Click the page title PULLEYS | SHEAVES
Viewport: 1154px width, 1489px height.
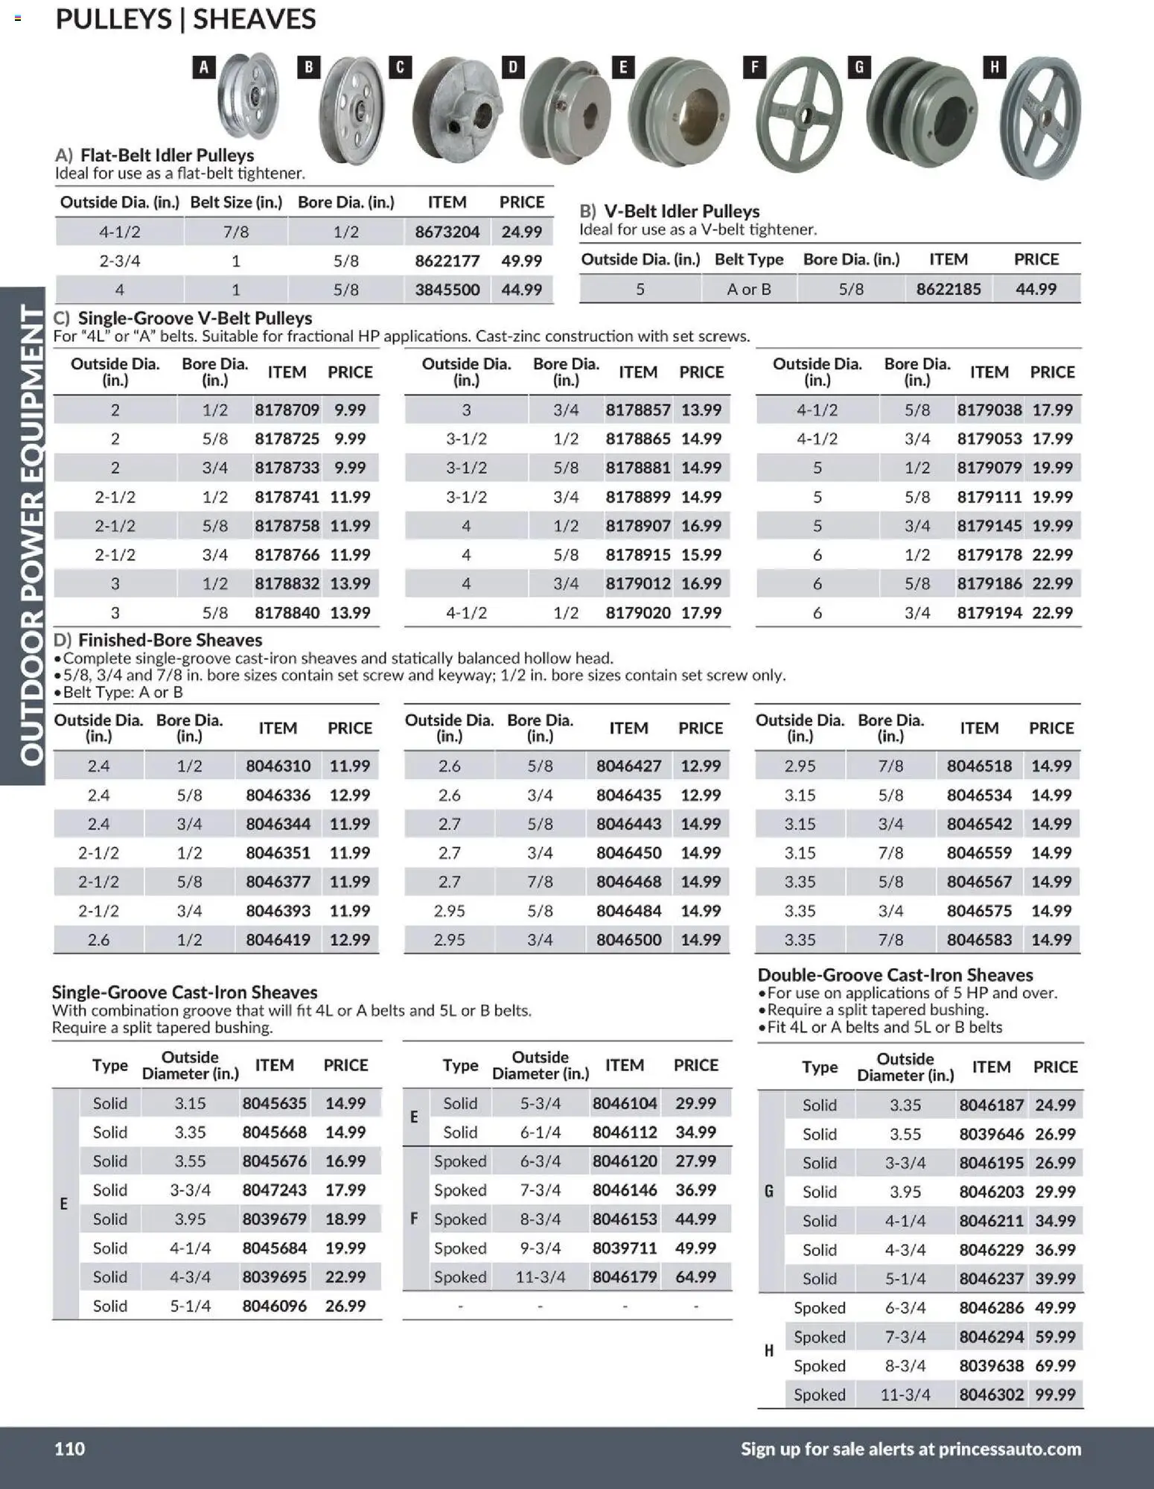[x=185, y=19]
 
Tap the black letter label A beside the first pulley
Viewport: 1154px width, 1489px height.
[x=204, y=68]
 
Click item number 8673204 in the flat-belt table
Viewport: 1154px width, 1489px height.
[x=447, y=232]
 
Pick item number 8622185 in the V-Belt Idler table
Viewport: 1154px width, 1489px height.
[x=948, y=289]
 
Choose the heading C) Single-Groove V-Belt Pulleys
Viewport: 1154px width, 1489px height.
[x=183, y=318]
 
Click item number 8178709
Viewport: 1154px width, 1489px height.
[x=287, y=410]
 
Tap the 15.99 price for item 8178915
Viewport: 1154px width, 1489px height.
[x=701, y=555]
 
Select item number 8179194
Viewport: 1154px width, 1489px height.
[x=989, y=613]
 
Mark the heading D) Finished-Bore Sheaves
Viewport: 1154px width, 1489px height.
[x=158, y=640]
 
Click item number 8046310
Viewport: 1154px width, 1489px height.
[x=278, y=766]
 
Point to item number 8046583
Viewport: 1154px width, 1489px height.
[x=979, y=940]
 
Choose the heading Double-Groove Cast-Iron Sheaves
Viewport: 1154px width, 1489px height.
[x=895, y=975]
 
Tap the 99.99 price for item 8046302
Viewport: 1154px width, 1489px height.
[x=1055, y=1394]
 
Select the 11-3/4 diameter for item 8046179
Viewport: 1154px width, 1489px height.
[x=540, y=1277]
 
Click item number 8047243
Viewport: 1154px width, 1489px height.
[x=274, y=1190]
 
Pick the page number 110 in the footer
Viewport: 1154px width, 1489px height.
[x=70, y=1449]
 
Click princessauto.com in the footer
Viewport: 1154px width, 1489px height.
[x=1010, y=1449]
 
